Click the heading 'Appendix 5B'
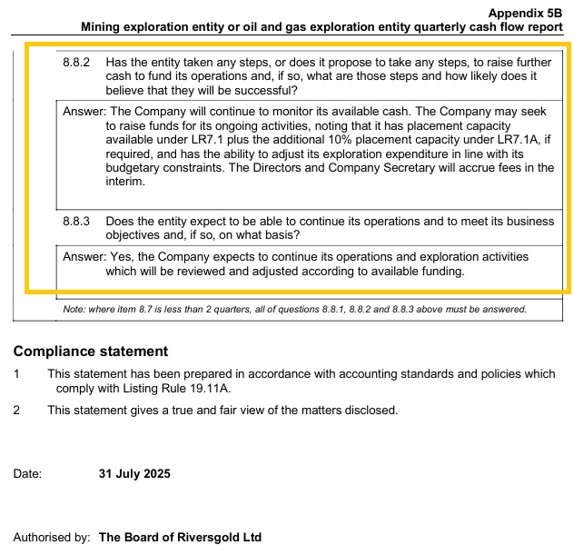point(525,14)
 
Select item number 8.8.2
point(77,63)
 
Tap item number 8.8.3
point(77,222)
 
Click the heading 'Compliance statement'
point(91,352)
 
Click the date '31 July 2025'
point(134,473)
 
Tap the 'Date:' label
point(28,473)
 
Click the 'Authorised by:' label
point(52,537)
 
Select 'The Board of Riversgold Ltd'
point(180,537)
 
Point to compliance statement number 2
point(17,410)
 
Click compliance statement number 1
point(17,373)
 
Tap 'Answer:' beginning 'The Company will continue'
point(84,111)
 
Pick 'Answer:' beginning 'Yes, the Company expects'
point(84,257)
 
